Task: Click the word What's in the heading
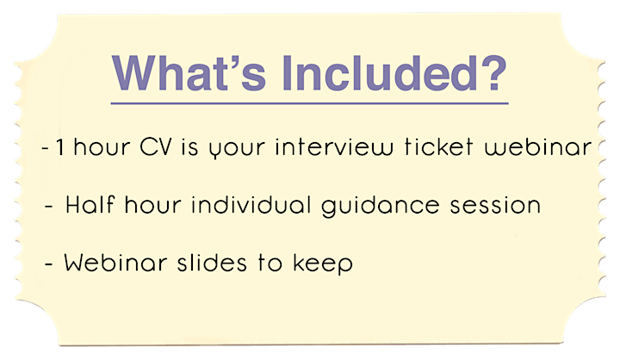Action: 189,73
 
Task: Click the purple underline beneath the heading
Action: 309,103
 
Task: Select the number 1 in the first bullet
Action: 60,147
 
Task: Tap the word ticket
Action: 438,147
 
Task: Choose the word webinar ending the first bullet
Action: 538,147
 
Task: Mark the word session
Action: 495,206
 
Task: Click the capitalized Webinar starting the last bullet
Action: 115,263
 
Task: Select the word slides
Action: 212,263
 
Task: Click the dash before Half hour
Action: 49,206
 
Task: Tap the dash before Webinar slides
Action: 49,264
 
